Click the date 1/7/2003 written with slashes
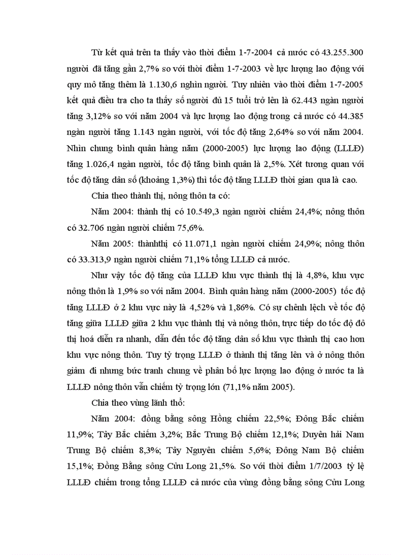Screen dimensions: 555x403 coord(316,467)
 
